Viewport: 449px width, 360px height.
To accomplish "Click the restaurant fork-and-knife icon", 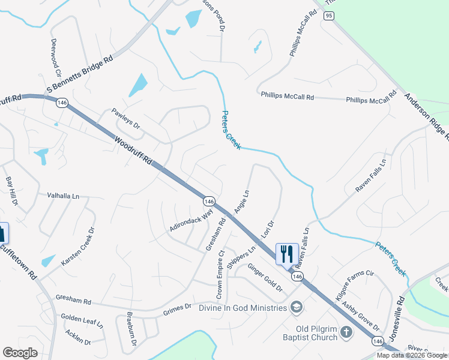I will pyautogui.click(x=287, y=253).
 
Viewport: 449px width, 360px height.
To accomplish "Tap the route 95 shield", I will pyautogui.click(x=328, y=16).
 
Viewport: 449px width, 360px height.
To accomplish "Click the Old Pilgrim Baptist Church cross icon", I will pyautogui.click(x=346, y=331).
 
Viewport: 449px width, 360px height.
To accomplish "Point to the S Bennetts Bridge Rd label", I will pyautogui.click(x=80, y=76).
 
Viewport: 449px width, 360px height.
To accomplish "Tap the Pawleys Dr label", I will pyautogui.click(x=126, y=118).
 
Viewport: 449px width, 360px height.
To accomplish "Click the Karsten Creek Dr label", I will pyautogui.click(x=79, y=246).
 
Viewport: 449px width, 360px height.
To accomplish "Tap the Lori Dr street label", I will pyautogui.click(x=268, y=232).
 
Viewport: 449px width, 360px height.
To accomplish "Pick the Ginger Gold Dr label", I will pyautogui.click(x=265, y=277).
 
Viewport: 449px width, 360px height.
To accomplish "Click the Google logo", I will pyautogui.click(x=20, y=353).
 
